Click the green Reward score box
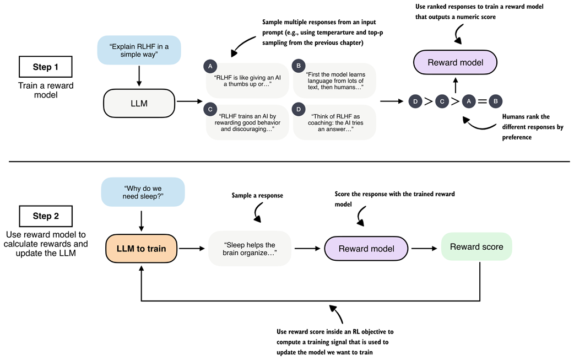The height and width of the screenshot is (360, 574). (x=476, y=246)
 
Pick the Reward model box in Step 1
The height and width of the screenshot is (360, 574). (x=455, y=62)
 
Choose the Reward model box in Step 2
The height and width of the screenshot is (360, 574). (x=366, y=249)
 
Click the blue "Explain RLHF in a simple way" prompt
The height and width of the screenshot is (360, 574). (x=139, y=49)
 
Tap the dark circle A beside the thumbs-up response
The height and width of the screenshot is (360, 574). (x=209, y=66)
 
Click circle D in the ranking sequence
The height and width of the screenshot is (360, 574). (x=415, y=101)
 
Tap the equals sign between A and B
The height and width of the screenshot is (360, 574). (x=482, y=101)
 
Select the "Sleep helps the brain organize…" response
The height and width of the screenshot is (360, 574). (x=250, y=249)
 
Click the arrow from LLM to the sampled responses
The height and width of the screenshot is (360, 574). (x=188, y=101)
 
